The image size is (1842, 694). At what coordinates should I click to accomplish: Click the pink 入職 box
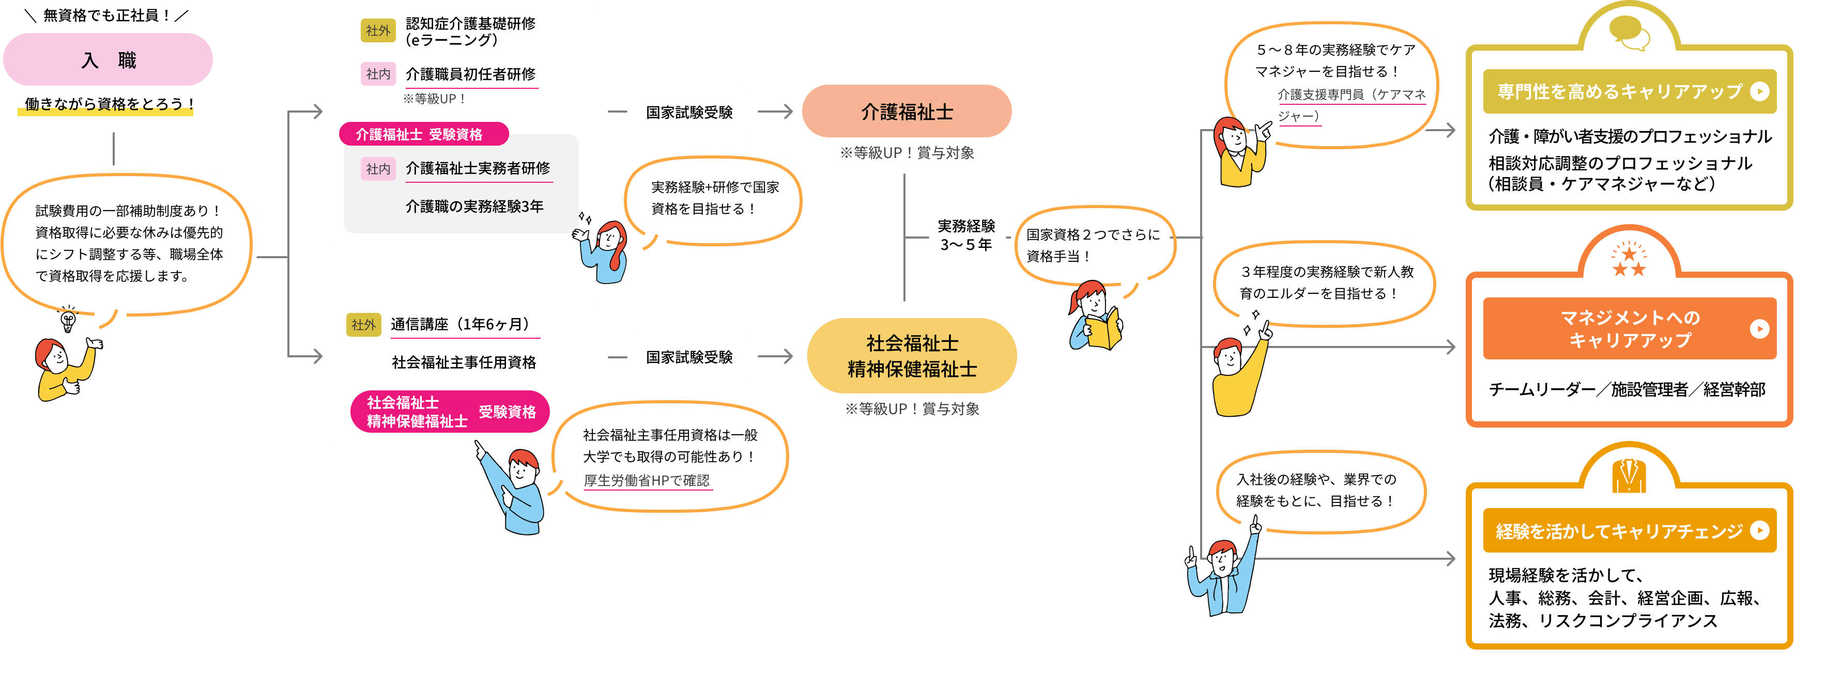(x=108, y=60)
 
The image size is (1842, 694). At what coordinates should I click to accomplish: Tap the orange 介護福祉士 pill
(x=906, y=112)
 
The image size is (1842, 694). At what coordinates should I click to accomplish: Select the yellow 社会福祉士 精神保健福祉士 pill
(x=912, y=356)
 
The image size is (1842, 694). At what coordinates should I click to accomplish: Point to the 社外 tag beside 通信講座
(x=363, y=324)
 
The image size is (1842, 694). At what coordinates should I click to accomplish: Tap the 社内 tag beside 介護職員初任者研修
(x=378, y=74)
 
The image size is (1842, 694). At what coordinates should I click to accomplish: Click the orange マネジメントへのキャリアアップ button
(x=1629, y=329)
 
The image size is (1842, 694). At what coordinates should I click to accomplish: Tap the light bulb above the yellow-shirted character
(x=69, y=320)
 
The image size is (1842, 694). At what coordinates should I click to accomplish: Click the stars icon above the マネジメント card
(x=1629, y=261)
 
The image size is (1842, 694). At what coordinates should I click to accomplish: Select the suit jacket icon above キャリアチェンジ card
(x=1629, y=475)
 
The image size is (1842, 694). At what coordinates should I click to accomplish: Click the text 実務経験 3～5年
(x=966, y=235)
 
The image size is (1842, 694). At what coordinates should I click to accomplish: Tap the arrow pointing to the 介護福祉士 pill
(x=775, y=112)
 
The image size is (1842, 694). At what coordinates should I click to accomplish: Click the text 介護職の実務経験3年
(x=474, y=207)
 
